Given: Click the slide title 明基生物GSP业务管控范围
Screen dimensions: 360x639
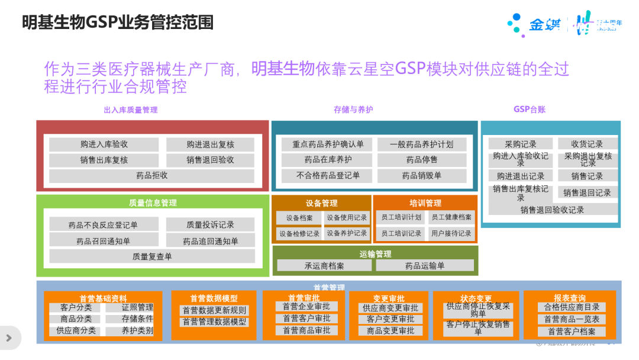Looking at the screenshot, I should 118,22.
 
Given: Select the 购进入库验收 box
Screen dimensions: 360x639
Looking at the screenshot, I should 104,144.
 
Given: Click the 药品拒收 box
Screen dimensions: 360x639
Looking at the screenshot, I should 152,176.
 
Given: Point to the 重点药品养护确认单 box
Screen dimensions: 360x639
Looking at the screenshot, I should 328,144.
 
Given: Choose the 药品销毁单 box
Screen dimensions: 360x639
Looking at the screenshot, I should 422,176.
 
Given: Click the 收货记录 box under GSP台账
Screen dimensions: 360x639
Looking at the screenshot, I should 587,144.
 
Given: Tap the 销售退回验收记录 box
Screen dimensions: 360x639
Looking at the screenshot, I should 552,210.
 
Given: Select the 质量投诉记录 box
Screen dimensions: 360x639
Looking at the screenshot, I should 210,224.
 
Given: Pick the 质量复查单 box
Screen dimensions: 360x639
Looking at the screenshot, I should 152,256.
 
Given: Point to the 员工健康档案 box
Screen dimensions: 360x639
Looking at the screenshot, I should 451,218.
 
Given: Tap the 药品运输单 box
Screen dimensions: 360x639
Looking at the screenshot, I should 425,266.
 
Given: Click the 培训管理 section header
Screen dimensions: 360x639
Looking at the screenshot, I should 425,203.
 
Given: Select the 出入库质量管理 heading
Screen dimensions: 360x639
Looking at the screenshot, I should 130,110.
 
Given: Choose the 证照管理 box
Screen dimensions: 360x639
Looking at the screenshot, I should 137,307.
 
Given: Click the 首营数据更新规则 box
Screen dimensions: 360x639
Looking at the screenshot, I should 214,310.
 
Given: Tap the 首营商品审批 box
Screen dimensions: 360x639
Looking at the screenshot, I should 306,330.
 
